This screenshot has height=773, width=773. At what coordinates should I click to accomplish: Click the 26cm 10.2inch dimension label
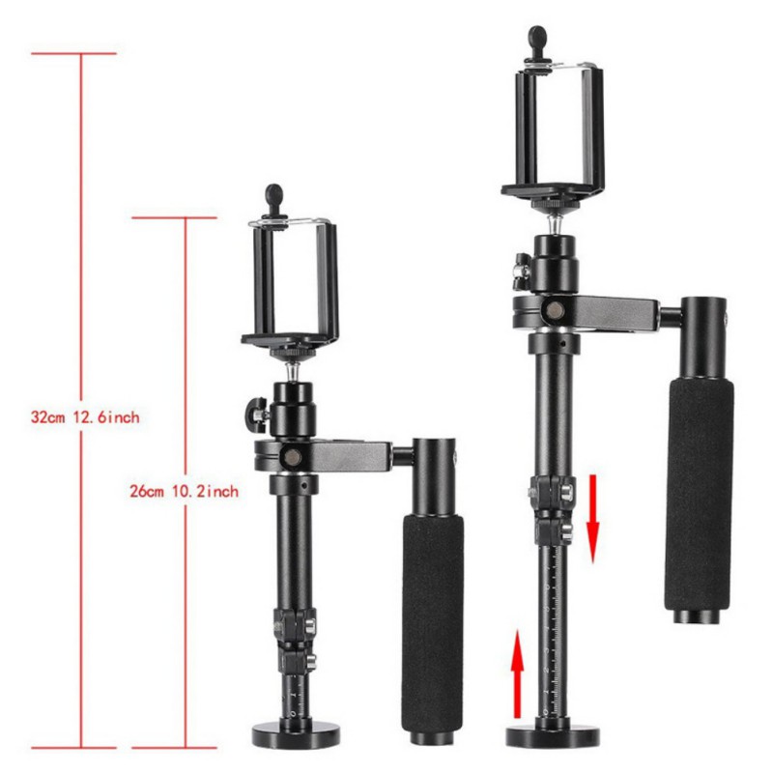click(x=183, y=491)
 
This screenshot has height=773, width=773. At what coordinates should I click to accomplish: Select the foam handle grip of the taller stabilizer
click(x=698, y=493)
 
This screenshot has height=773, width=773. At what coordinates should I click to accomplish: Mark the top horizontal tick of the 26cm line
click(x=174, y=217)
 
